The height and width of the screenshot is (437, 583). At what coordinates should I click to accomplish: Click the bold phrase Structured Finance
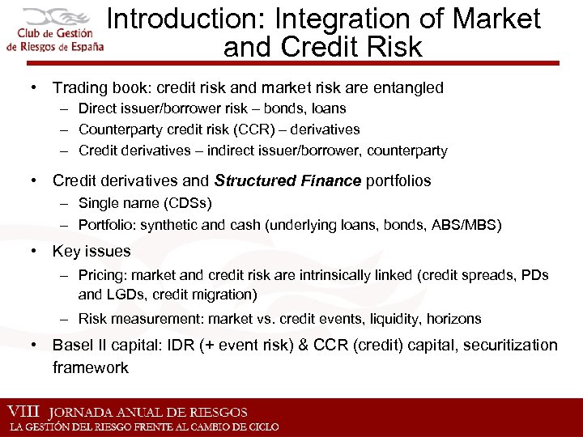click(287, 181)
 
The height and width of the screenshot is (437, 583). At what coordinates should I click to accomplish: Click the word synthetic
click(166, 224)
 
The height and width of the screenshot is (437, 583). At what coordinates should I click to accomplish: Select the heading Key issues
click(91, 251)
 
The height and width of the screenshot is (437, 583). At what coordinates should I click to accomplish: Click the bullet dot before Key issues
click(36, 251)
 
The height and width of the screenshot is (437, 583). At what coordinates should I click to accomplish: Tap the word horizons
click(451, 319)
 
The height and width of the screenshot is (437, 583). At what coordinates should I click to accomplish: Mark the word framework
click(91, 367)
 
